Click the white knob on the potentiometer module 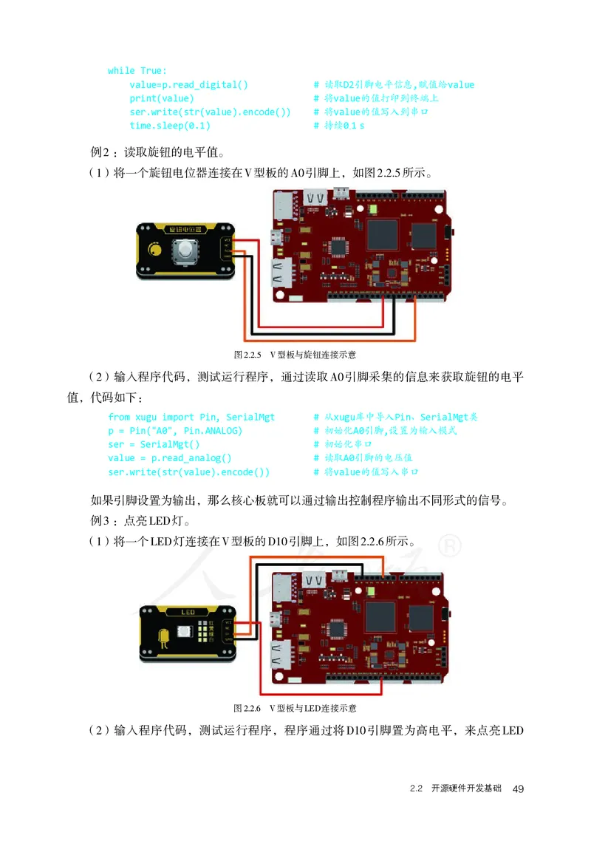185,253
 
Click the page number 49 518,789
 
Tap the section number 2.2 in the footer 416,789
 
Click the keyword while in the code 121,70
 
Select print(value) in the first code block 162,98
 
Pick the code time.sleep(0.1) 170,126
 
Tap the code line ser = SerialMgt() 154,444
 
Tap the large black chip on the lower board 381,616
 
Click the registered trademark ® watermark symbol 450,545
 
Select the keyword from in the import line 119,417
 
